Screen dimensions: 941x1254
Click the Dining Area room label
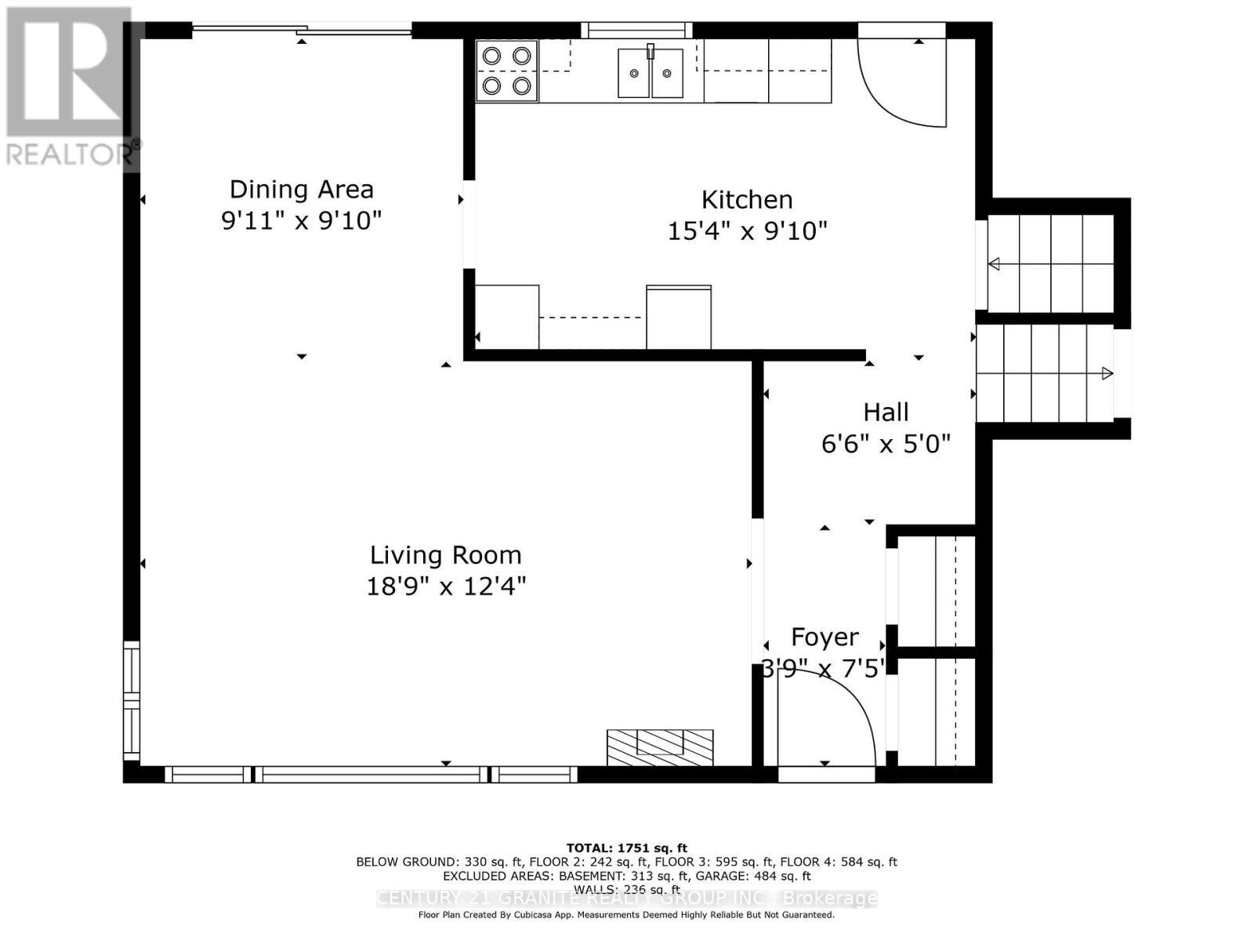click(x=301, y=189)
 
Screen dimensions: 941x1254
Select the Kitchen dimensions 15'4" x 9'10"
click(x=747, y=231)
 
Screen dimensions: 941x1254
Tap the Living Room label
click(x=445, y=555)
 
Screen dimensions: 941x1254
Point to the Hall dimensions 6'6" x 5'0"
click(x=886, y=445)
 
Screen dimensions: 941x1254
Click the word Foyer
click(x=825, y=637)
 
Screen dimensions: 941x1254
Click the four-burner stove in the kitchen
click(x=506, y=71)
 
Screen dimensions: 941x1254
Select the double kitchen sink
click(x=650, y=73)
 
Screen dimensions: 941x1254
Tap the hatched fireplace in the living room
click(x=660, y=747)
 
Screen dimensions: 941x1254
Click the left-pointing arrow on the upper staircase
click(x=994, y=264)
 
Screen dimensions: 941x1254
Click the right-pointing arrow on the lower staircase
click(x=1107, y=373)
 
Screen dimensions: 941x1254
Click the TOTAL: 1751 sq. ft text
click(x=626, y=848)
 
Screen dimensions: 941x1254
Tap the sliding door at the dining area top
click(x=302, y=31)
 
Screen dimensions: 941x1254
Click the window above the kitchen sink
click(x=636, y=31)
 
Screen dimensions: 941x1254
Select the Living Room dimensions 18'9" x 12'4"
click(x=445, y=587)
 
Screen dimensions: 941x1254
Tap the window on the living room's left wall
click(x=132, y=699)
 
